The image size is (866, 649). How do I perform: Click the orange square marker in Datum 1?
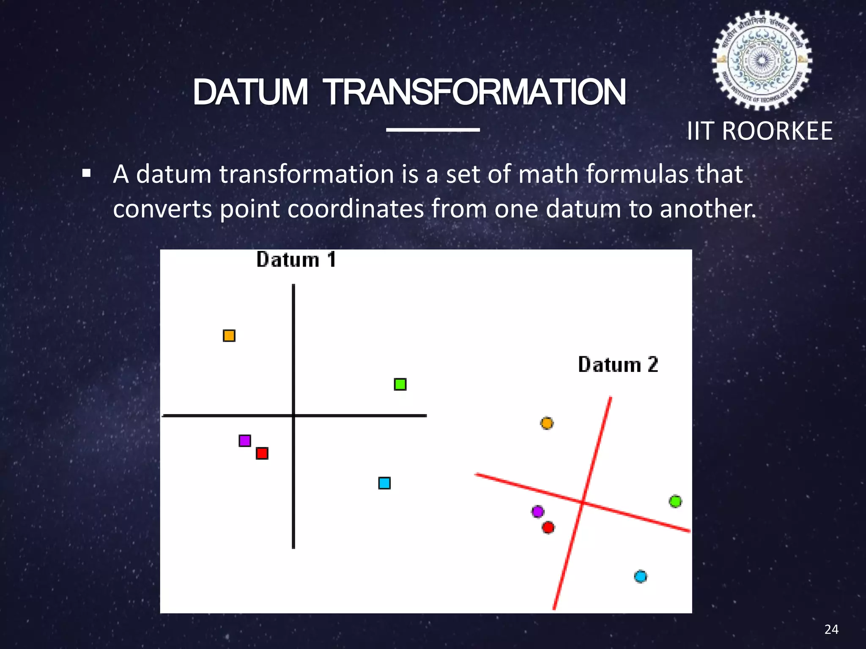[x=229, y=335]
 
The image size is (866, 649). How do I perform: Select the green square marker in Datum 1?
[x=400, y=384]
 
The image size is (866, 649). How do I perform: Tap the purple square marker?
[x=245, y=441]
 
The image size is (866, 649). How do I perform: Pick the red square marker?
[x=262, y=453]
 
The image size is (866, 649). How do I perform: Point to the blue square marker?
[x=384, y=483]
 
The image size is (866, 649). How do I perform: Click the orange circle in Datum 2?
[x=547, y=423]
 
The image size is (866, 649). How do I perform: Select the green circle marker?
[x=675, y=502]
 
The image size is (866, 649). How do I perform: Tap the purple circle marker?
[x=537, y=512]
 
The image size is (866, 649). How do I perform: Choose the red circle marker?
[x=548, y=527]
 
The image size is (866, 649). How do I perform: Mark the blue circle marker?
[x=641, y=576]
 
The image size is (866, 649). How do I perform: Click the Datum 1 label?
[x=296, y=259]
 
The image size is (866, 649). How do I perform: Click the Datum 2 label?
[x=618, y=365]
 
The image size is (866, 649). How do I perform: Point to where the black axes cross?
[x=293, y=416]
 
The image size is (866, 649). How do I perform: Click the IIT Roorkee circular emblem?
[x=762, y=60]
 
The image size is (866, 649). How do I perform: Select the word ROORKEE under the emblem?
[x=777, y=131]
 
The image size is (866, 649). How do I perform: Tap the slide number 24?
[x=831, y=630]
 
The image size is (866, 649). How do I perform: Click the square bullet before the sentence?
[x=87, y=173]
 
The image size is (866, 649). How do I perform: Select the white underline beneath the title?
[x=433, y=130]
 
